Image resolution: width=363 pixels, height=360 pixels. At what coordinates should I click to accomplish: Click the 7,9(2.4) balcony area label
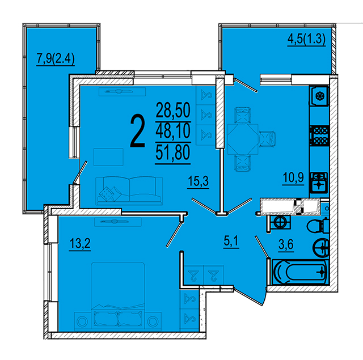point(56,59)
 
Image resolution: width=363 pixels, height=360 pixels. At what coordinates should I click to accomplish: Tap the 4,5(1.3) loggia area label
point(306,39)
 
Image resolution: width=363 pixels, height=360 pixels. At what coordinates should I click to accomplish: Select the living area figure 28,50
point(173,111)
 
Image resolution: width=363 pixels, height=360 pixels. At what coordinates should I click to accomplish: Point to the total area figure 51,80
point(173,153)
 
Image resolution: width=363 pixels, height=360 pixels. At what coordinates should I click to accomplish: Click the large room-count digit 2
point(138,131)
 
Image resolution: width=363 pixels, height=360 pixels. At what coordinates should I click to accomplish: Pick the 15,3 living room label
point(198,181)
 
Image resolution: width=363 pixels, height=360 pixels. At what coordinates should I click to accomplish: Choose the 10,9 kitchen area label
point(293,178)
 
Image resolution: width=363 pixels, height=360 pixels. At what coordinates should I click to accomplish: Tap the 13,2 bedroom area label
point(80,243)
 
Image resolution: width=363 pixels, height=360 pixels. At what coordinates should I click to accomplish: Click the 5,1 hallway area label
point(231,242)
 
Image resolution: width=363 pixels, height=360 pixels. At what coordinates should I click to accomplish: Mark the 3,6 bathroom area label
point(286,244)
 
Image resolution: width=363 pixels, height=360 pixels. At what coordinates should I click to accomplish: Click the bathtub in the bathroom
point(301,272)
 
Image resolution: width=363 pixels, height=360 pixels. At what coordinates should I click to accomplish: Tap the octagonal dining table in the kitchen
point(243,139)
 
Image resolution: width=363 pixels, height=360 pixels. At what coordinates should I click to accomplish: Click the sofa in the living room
point(129,191)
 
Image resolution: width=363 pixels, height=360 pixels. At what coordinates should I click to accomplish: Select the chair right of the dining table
point(268,139)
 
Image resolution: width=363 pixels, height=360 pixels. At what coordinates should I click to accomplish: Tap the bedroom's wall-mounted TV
point(117,222)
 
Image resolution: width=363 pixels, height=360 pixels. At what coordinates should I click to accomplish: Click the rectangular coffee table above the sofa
point(108,157)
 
